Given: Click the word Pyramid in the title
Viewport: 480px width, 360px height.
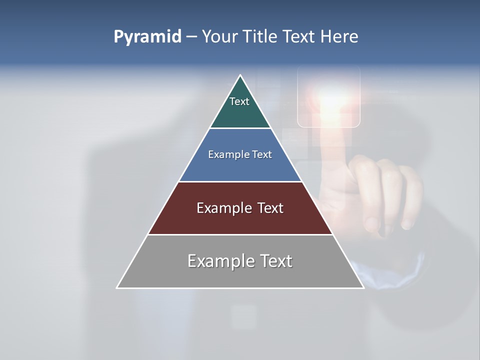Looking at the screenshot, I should (x=147, y=37).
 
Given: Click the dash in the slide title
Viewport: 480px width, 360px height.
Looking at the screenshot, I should (x=191, y=37).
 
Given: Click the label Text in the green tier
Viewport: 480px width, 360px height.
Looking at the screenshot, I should (x=239, y=101).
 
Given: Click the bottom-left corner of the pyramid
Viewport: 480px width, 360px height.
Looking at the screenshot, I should (x=117, y=287).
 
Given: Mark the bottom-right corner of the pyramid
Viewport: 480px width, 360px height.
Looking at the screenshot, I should (x=363, y=287).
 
